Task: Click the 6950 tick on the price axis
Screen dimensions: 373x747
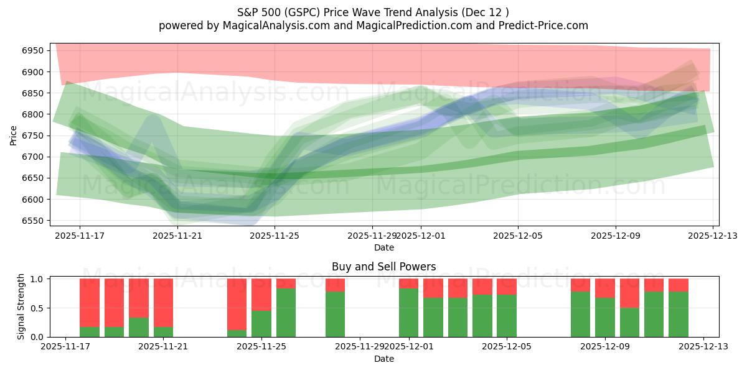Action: point(35,50)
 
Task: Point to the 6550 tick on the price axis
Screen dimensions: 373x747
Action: point(35,221)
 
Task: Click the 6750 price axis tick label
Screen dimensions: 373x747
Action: point(35,136)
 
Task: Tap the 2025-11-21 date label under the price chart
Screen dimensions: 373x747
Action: point(177,236)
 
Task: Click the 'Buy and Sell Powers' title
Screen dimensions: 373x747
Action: point(383,267)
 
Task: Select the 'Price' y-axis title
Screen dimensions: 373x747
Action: point(14,134)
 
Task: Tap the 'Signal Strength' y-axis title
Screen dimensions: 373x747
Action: point(21,306)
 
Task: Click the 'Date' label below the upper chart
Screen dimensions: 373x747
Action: point(383,247)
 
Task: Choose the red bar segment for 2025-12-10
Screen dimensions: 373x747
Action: point(629,293)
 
